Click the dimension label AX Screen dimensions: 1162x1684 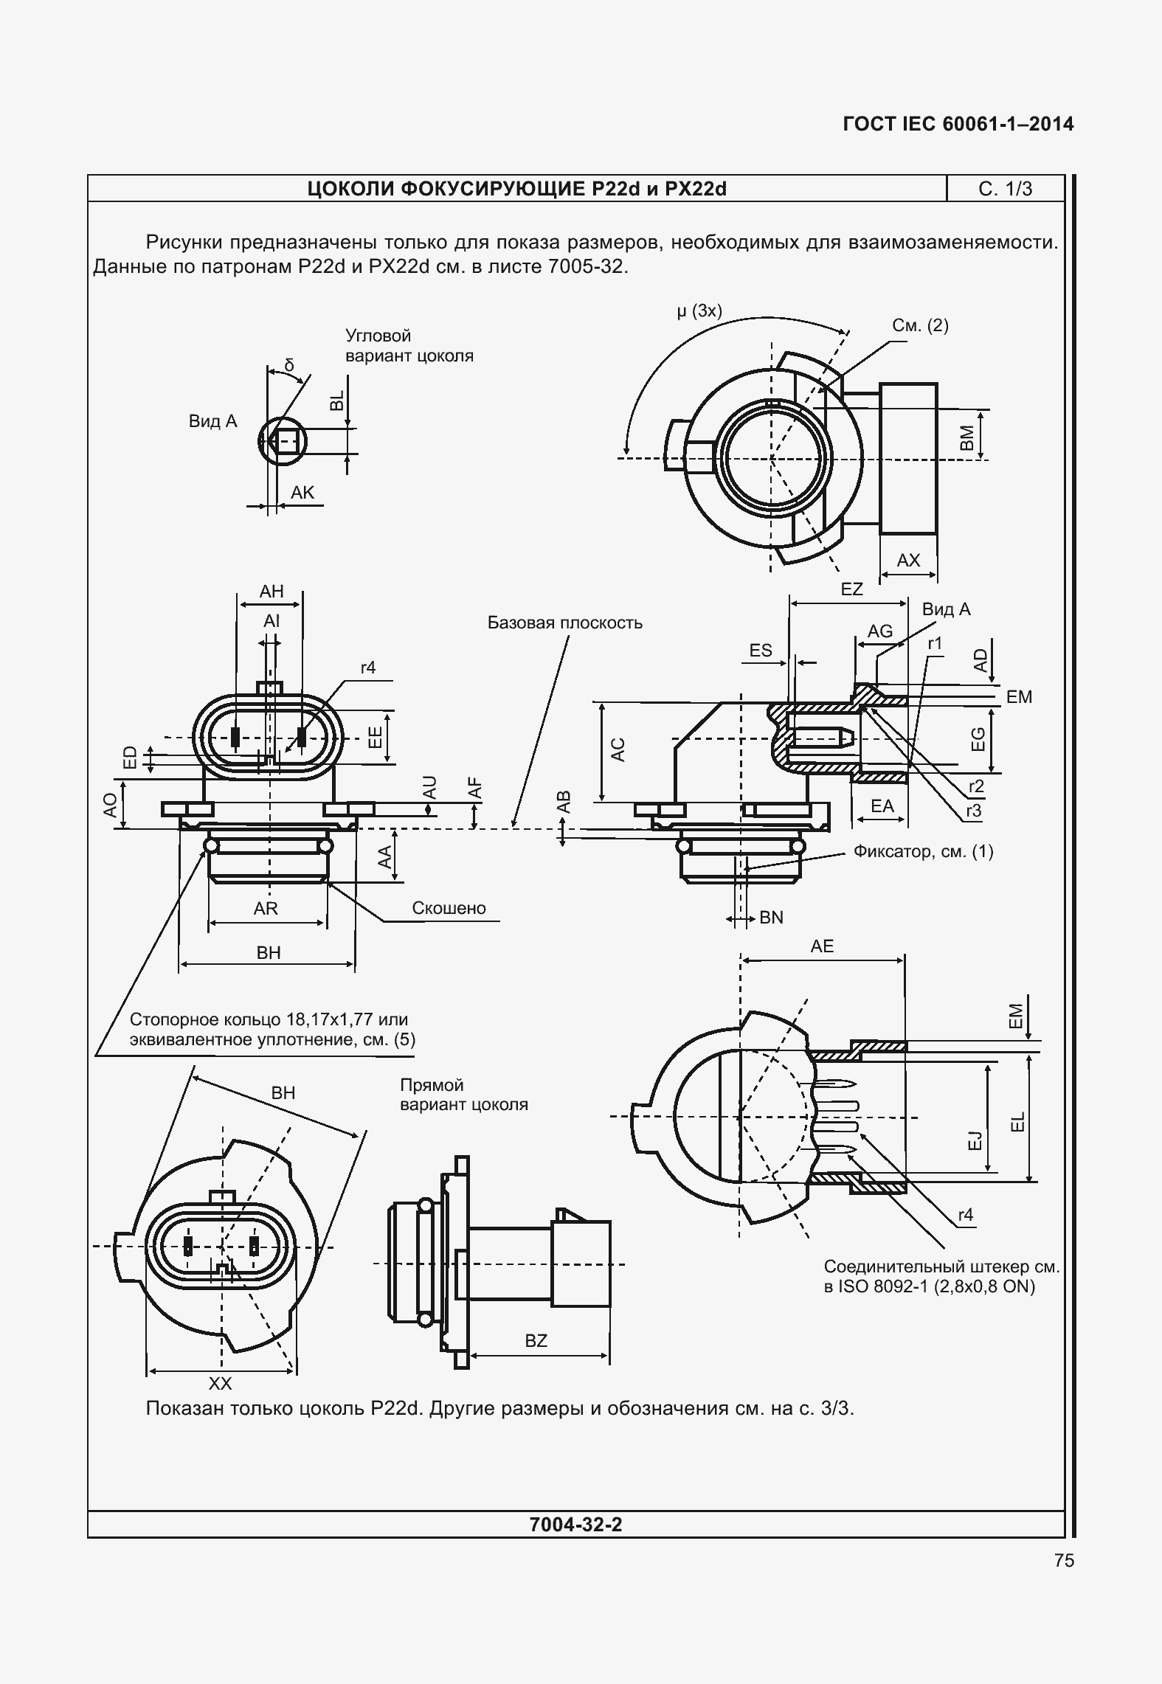pyautogui.click(x=908, y=561)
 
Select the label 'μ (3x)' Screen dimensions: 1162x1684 pyautogui.click(x=699, y=311)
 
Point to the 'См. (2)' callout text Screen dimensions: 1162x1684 pyautogui.click(x=920, y=325)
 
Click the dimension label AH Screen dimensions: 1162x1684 pyautogui.click(x=272, y=592)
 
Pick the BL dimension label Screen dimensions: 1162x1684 pyautogui.click(x=336, y=400)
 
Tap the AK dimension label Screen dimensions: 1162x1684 pyautogui.click(x=302, y=493)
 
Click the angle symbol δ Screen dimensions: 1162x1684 pyautogui.click(x=288, y=365)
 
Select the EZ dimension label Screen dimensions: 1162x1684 pyautogui.click(x=851, y=589)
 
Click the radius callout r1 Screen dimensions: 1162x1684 pyautogui.click(x=935, y=644)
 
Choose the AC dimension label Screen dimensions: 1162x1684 pyautogui.click(x=618, y=749)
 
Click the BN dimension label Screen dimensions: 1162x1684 pyautogui.click(x=771, y=918)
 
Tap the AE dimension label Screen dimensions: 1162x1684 pyautogui.click(x=822, y=946)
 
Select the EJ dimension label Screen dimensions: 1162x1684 pyautogui.click(x=975, y=1141)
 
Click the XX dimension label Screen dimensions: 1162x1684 pyautogui.click(x=221, y=1383)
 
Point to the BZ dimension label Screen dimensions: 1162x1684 pyautogui.click(x=536, y=1341)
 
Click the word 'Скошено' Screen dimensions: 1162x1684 pyautogui.click(x=449, y=908)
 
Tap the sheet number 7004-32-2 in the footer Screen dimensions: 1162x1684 pyautogui.click(x=576, y=1524)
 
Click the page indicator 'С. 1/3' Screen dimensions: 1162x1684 pyautogui.click(x=1005, y=190)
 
